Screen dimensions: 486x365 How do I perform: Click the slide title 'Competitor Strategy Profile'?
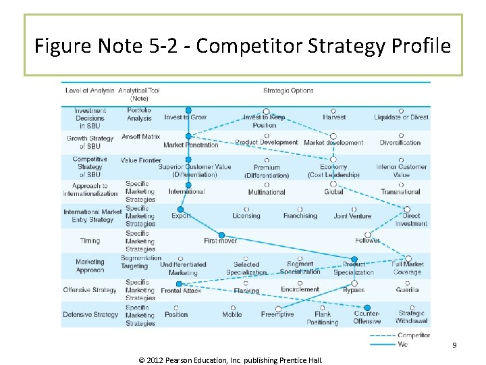click(x=242, y=46)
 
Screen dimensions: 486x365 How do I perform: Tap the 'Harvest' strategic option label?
click(x=334, y=117)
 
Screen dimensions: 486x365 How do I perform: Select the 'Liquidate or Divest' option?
click(x=401, y=117)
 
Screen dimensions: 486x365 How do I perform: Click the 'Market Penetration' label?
click(x=191, y=145)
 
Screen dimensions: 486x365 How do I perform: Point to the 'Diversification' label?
click(x=400, y=143)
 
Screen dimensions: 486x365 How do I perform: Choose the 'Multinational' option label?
click(x=267, y=192)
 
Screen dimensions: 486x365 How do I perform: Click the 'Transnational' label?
click(x=400, y=192)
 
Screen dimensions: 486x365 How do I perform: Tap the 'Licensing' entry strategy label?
click(x=246, y=216)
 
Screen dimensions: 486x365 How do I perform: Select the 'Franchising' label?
click(x=300, y=216)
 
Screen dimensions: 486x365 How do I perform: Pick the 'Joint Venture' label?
click(x=352, y=216)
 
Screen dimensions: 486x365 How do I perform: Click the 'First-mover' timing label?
click(x=220, y=241)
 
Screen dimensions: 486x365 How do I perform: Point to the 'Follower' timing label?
click(x=367, y=241)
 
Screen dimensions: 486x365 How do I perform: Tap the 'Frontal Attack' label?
click(x=181, y=291)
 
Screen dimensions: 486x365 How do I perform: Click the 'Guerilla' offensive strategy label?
click(x=407, y=290)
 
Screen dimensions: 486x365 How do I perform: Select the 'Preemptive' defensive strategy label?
click(x=277, y=314)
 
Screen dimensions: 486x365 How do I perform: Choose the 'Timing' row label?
click(x=90, y=241)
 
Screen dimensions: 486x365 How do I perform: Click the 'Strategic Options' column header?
click(x=288, y=91)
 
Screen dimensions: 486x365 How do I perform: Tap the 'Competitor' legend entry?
click(x=413, y=335)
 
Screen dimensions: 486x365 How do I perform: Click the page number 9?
click(x=454, y=345)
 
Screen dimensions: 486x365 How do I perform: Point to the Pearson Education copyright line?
click(x=230, y=360)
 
